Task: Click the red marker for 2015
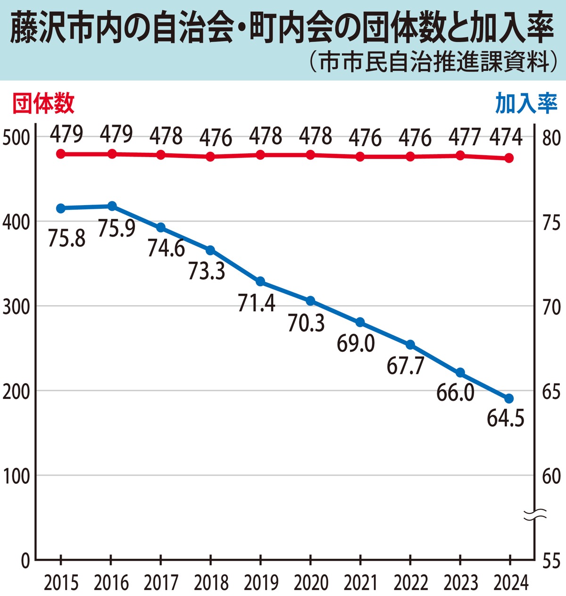(x=61, y=154)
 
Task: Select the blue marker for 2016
(x=112, y=206)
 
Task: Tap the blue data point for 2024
(x=508, y=399)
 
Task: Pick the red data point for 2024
(x=508, y=158)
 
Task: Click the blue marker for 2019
(x=260, y=281)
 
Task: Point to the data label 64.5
(x=506, y=418)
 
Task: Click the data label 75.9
(x=117, y=228)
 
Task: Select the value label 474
(x=506, y=137)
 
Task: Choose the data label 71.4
(x=257, y=303)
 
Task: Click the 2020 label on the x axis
(x=310, y=583)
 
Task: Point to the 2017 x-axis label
(x=161, y=583)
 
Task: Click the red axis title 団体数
(x=43, y=103)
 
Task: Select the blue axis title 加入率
(x=526, y=103)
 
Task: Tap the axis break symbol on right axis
(x=535, y=515)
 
